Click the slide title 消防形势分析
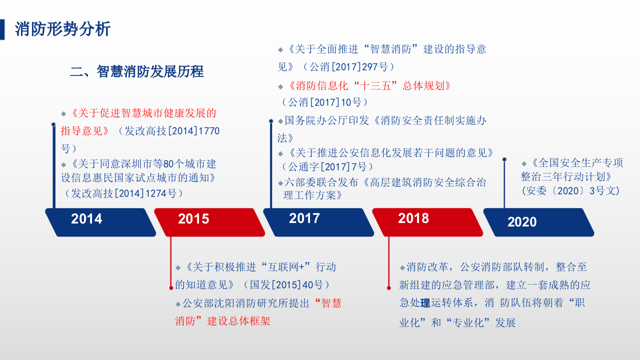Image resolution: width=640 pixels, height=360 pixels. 62,29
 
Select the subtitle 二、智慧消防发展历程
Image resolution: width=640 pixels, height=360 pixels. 136,71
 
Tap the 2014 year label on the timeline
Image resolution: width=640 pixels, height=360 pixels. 86,219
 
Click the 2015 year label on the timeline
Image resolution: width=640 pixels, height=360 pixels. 193,219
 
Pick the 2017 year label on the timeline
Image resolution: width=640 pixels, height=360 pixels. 304,218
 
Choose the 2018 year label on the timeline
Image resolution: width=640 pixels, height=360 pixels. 413,218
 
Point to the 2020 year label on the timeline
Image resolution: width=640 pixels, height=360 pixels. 522,222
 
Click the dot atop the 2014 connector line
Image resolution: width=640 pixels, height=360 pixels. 53,124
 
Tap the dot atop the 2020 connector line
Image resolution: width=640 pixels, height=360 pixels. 504,159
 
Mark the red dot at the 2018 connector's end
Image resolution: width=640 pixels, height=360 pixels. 389,287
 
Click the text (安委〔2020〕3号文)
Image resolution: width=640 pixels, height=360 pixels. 570,190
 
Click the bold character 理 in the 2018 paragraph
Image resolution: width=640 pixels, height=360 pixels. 425,303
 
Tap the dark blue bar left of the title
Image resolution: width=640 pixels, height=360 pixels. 2,29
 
